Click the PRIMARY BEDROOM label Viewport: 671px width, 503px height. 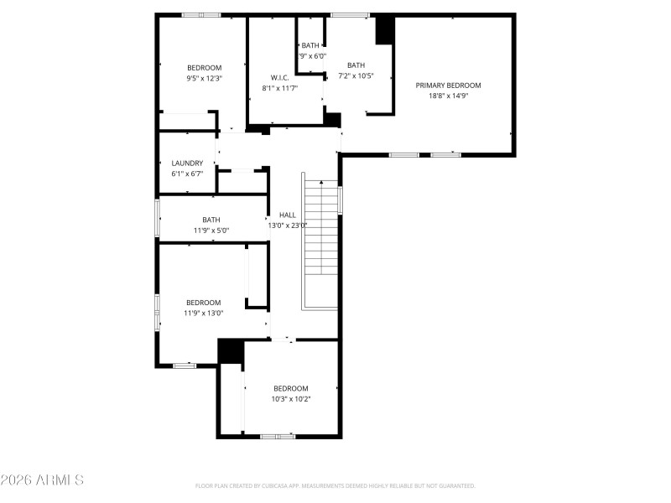(449, 85)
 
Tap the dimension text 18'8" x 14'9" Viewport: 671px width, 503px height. (449, 96)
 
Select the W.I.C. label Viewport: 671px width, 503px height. (279, 77)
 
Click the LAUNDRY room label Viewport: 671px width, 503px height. (187, 163)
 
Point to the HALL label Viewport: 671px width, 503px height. (288, 215)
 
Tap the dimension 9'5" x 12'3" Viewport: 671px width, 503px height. (204, 78)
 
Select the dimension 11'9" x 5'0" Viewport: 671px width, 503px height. (211, 230)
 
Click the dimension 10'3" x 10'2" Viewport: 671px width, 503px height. (291, 399)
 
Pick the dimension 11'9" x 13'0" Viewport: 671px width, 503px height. (204, 313)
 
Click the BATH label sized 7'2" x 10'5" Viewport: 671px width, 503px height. (356, 65)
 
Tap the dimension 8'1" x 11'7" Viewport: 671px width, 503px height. (279, 87)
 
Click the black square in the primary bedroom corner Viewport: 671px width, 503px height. (385, 30)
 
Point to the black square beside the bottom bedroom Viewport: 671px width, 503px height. (230, 351)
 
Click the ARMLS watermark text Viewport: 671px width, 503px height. (42, 480)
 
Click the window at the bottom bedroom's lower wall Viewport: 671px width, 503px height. (277, 436)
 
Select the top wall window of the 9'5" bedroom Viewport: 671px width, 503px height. (201, 14)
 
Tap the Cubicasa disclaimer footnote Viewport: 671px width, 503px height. (335, 485)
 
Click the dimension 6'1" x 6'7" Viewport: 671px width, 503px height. (187, 174)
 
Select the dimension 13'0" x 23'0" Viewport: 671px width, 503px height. (288, 225)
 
